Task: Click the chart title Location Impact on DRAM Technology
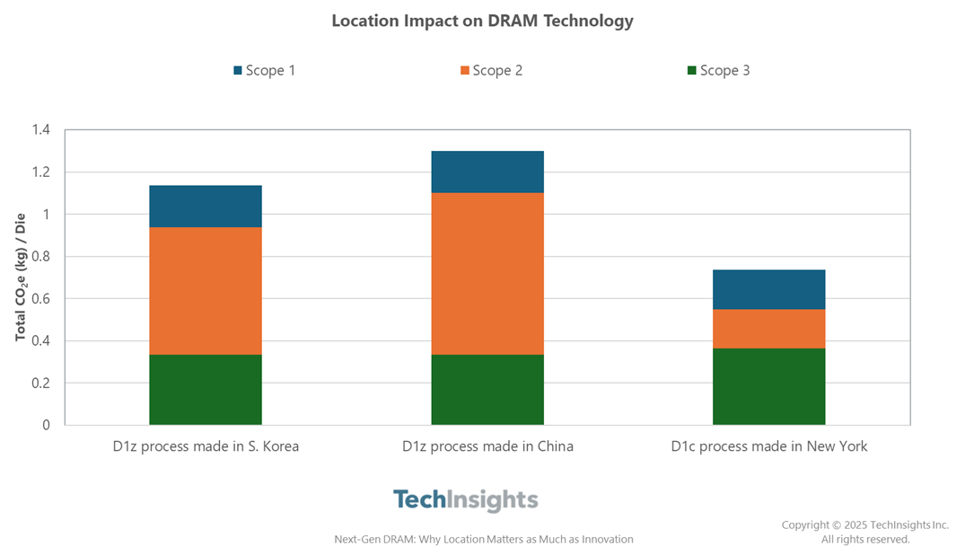pos(482,21)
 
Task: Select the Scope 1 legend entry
pos(264,70)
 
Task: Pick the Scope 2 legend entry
pos(491,70)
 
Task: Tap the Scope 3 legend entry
pos(717,70)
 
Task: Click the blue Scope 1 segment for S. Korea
pos(206,207)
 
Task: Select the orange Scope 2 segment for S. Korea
pos(206,291)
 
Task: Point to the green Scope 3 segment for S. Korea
pos(206,390)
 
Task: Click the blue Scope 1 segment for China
pos(487,172)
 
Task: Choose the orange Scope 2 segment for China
pos(487,274)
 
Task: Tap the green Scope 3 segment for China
pos(487,390)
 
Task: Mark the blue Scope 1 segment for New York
pos(768,289)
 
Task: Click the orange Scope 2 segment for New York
pos(768,329)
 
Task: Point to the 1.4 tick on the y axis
pos(40,130)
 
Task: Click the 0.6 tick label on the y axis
pos(40,299)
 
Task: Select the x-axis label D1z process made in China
pos(487,446)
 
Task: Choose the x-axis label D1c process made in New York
pos(768,446)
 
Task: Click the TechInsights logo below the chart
pos(465,500)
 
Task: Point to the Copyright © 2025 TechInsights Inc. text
pos(864,525)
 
